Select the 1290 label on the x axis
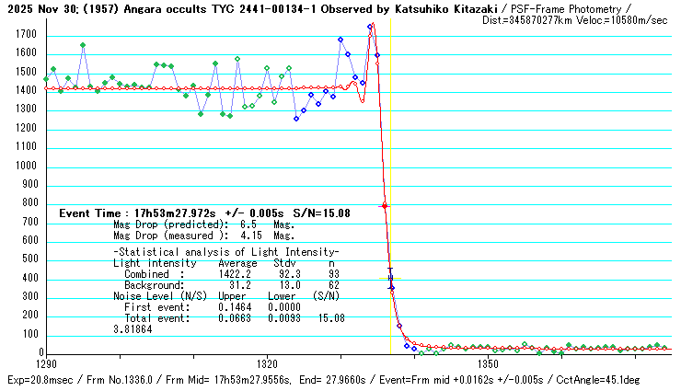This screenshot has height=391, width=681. tap(45, 365)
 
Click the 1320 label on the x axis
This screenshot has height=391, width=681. tap(268, 365)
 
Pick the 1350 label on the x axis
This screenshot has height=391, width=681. tap(489, 365)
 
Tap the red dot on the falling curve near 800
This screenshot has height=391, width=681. tap(385, 206)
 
